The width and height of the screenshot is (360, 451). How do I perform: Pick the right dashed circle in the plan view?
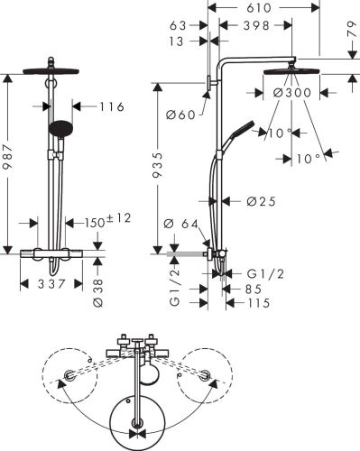208,377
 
